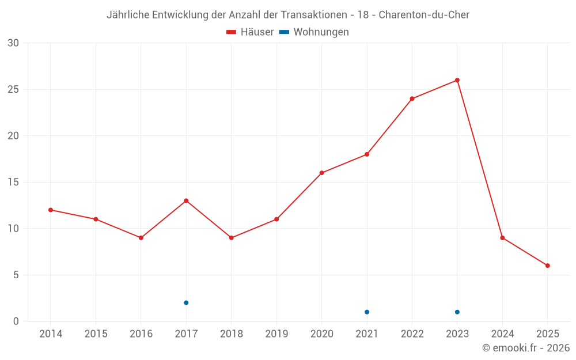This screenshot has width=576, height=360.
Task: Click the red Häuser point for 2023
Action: pos(457,80)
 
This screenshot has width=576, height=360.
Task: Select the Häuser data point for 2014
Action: pos(51,210)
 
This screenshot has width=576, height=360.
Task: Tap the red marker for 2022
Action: pos(412,98)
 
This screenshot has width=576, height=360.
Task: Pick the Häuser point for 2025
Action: pos(548,266)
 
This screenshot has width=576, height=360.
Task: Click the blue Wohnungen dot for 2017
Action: pos(186,303)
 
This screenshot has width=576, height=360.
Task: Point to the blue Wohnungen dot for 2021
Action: pos(367,312)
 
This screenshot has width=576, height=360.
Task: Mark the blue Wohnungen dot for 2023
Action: pos(457,312)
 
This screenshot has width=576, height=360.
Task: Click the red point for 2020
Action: pos(322,173)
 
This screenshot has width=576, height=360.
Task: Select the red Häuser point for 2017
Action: pos(186,201)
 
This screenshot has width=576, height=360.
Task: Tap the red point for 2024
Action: pos(502,238)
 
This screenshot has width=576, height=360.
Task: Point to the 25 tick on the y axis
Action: pos(13,89)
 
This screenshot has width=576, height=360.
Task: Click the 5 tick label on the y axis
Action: pos(16,275)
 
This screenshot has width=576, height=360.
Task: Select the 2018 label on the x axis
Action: pos(231,334)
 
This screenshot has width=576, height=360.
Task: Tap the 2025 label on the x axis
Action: pos(548,334)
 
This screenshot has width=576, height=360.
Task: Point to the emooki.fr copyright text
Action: pos(526,348)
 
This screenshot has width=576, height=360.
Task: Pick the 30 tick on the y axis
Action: pos(13,43)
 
